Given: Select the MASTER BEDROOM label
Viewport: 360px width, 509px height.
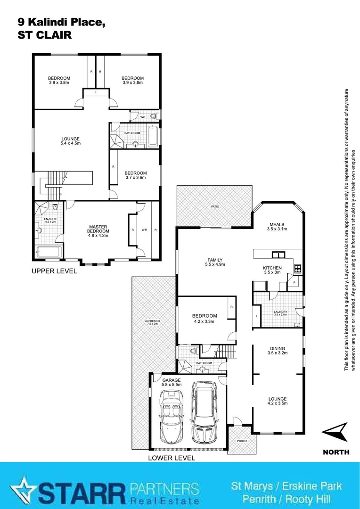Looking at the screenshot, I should coord(98,229).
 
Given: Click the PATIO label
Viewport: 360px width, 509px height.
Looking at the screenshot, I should coord(215,206).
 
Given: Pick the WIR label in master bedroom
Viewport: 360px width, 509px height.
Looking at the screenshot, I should coord(144,230).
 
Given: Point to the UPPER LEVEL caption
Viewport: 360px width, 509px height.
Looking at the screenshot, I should coord(54,271).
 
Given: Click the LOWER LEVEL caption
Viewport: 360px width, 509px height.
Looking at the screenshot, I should coord(171,458).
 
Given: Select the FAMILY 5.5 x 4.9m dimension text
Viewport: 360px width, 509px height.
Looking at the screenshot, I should coord(215,265).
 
